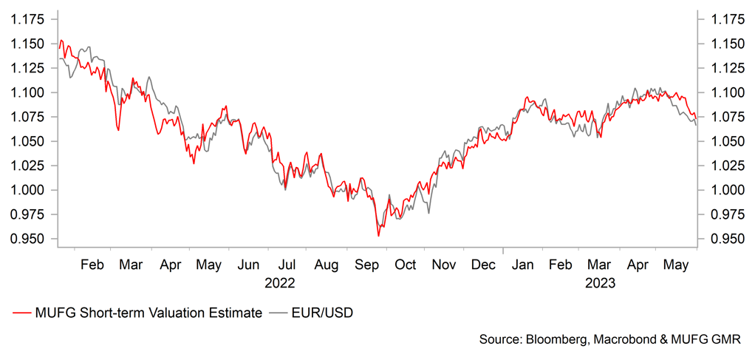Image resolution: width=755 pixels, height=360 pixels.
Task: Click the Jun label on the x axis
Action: click(249, 265)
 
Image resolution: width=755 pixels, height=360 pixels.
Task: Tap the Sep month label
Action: click(365, 265)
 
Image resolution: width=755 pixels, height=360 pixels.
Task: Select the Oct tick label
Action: click(405, 265)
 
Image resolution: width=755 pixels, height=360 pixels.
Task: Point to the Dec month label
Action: click(484, 265)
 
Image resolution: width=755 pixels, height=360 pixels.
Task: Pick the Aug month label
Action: click(327, 265)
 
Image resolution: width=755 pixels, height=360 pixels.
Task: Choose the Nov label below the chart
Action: click(444, 265)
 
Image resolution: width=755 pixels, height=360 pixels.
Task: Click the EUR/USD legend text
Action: click(321, 313)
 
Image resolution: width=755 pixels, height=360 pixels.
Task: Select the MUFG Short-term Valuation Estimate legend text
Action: click(148, 313)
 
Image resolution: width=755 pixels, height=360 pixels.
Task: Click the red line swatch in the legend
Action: click(22, 313)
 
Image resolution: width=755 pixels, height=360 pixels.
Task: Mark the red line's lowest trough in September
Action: click(379, 236)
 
